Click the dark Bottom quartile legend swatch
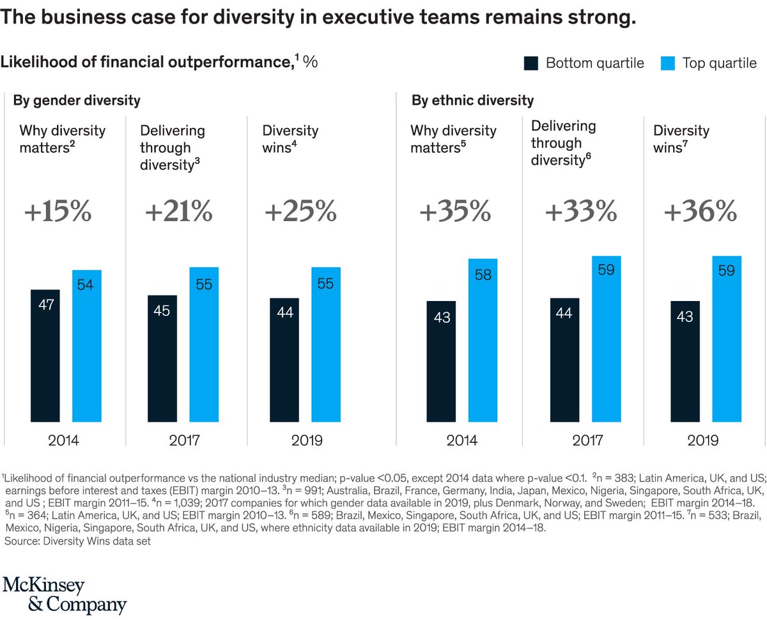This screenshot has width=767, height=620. tap(531, 63)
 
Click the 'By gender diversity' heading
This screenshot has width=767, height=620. tap(77, 100)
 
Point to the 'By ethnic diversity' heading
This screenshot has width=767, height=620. tap(472, 100)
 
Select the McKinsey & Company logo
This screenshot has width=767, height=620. tap(65, 594)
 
